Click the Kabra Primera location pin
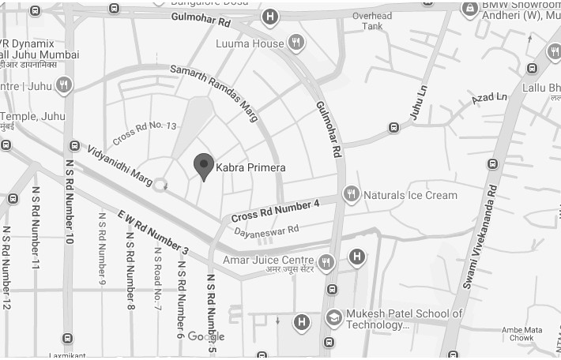click(204, 166)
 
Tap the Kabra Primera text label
click(250, 168)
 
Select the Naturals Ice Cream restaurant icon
click(352, 193)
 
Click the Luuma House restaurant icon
click(296, 43)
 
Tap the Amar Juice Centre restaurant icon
click(326, 261)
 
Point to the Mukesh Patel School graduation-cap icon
click(334, 318)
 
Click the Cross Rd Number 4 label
click(275, 211)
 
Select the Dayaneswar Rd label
click(266, 231)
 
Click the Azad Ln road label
click(489, 99)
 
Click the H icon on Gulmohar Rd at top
click(271, 17)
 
